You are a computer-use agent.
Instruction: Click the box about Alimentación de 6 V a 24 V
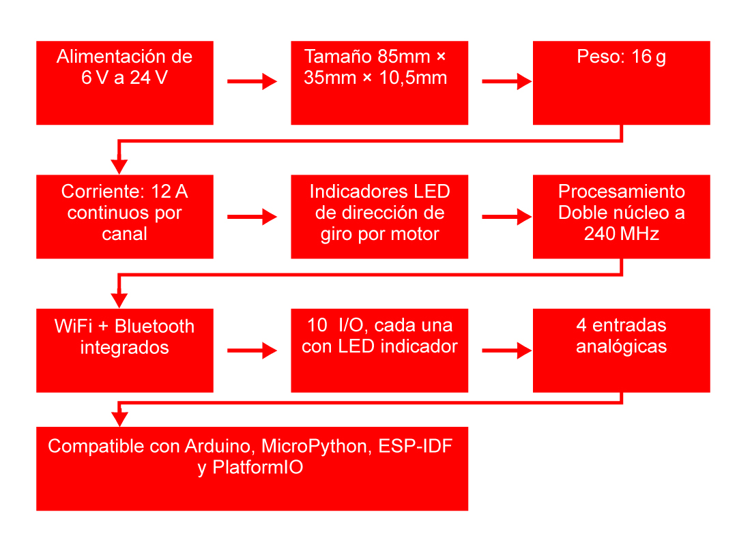(x=124, y=83)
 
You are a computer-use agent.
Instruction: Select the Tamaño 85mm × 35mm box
(x=379, y=83)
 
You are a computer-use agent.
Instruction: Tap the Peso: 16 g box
(x=621, y=83)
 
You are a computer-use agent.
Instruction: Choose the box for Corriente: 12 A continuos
(x=124, y=217)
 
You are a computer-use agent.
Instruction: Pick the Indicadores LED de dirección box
(x=379, y=217)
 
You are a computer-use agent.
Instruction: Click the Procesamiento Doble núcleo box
(x=621, y=217)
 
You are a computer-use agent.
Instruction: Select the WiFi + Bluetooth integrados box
(x=124, y=350)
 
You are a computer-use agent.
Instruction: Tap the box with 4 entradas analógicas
(x=621, y=350)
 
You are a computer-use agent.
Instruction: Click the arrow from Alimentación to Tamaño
(x=252, y=82)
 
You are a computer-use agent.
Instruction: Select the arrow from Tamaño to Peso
(x=506, y=82)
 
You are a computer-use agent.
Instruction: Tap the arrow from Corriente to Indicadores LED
(x=252, y=217)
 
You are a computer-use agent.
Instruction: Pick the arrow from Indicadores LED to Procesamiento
(x=506, y=217)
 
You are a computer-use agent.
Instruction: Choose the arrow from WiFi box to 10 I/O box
(x=252, y=351)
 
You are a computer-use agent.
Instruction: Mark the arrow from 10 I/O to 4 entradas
(x=506, y=351)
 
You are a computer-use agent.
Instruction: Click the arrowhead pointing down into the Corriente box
(x=119, y=166)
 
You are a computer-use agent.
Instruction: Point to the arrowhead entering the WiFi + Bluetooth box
(x=119, y=300)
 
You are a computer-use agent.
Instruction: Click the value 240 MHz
(x=621, y=234)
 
